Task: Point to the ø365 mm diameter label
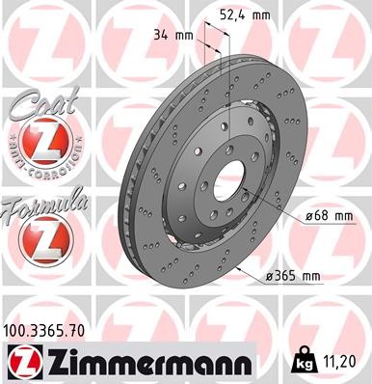pyautogui.click(x=292, y=277)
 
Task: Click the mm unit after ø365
pyautogui.click(x=310, y=277)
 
